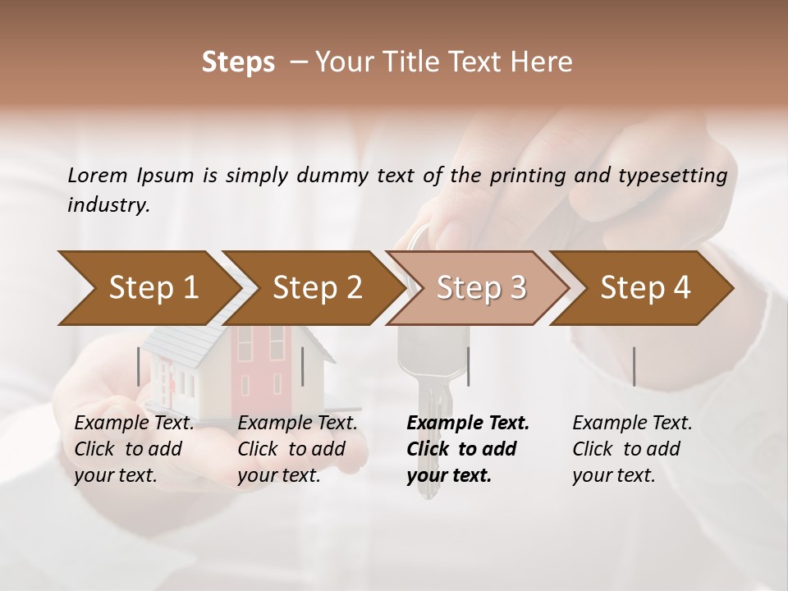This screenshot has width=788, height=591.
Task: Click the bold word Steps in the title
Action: point(238,62)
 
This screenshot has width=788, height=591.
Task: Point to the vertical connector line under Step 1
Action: point(138,366)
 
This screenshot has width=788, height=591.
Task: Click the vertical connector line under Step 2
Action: point(303,366)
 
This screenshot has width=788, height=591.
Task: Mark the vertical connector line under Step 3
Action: point(468,366)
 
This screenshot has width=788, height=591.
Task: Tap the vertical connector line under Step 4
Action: point(634,366)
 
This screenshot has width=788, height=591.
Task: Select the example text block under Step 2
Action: point(297,449)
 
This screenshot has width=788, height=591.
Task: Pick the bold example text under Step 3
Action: point(468,449)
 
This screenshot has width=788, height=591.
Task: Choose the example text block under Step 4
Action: point(632,449)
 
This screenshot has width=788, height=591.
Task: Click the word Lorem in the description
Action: point(98,175)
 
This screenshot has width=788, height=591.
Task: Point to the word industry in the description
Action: point(108,204)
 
